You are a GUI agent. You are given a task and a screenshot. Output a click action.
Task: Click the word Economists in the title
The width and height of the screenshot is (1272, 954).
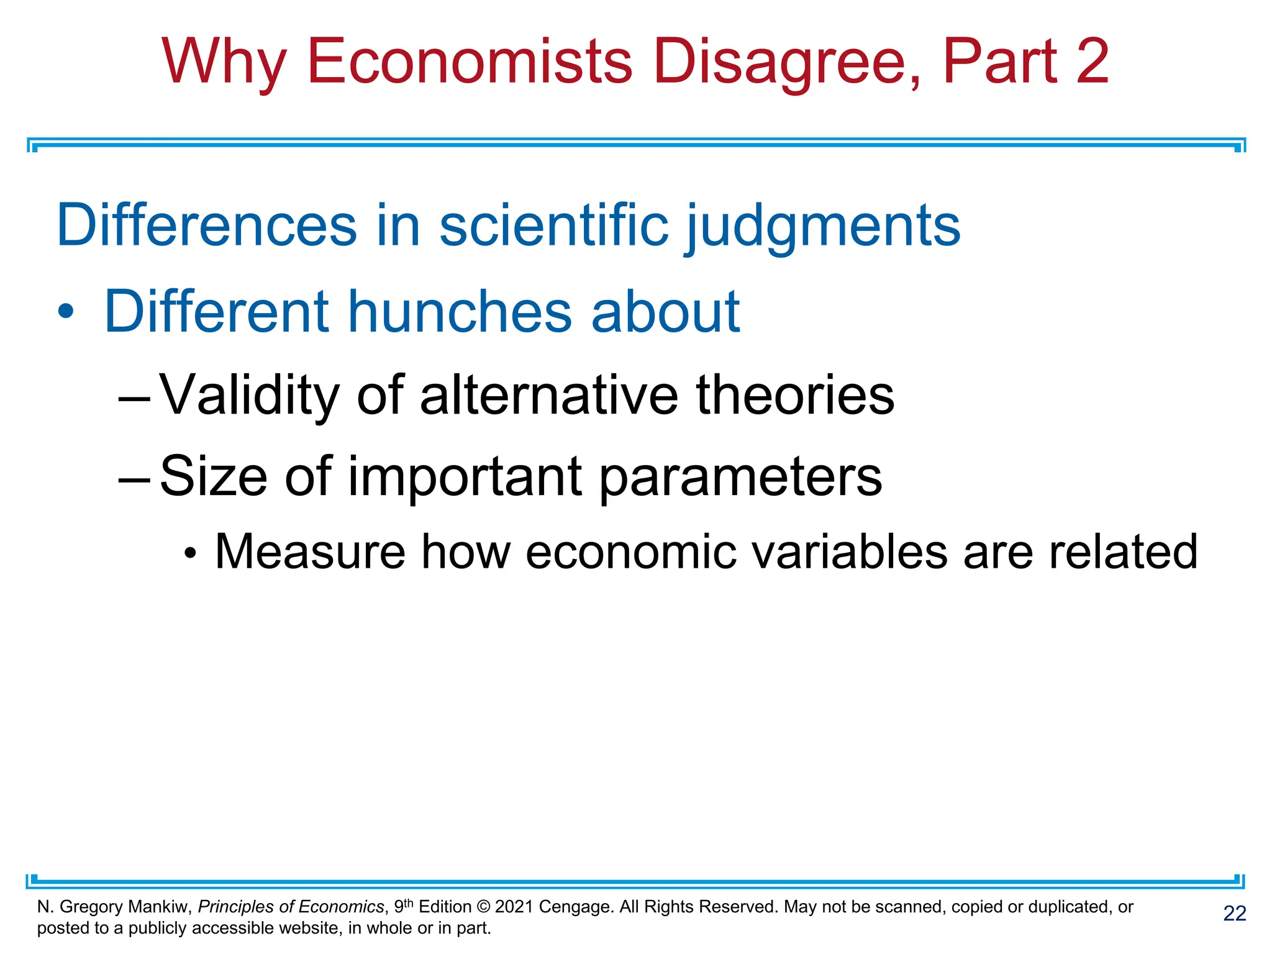(469, 62)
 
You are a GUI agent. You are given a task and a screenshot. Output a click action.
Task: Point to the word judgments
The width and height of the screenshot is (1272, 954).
(822, 227)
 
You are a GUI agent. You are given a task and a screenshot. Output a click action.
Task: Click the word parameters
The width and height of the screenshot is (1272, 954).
(740, 477)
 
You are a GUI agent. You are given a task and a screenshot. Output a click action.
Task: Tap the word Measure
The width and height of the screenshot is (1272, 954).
(310, 552)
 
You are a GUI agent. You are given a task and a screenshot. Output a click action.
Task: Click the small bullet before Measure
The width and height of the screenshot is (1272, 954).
(191, 552)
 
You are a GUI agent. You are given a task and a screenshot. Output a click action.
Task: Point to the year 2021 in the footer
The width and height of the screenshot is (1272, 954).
(514, 907)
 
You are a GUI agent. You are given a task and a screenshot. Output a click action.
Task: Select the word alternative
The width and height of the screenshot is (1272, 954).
(549, 396)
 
